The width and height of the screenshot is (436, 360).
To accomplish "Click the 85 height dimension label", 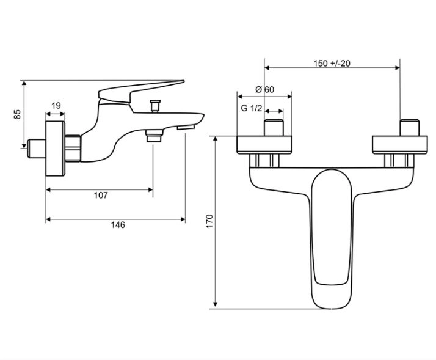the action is click(17, 114).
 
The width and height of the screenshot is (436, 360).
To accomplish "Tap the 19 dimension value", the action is click(56, 106).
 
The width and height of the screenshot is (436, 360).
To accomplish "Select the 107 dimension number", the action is click(101, 195).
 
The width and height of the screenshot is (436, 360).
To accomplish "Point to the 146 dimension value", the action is click(118, 225).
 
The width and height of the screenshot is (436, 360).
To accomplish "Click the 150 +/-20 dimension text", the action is click(332, 64).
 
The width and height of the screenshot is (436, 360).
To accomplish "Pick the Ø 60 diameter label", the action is click(264, 89).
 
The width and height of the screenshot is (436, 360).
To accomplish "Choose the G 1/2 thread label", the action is click(252, 108).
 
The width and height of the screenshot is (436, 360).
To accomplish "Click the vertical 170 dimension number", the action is click(209, 221).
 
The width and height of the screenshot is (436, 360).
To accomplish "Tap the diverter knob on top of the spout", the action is click(155, 106).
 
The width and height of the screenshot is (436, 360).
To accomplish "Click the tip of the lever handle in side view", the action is click(183, 81).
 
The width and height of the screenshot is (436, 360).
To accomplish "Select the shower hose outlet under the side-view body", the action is click(154, 136).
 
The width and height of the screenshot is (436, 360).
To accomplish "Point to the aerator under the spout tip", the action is click(186, 128).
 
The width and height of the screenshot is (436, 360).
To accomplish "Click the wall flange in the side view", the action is click(56, 149).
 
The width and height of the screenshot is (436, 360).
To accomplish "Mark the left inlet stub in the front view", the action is click(274, 128).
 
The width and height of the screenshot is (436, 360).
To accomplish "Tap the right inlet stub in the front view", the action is click(409, 128).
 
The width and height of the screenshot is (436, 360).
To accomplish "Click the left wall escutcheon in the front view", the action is click(264, 144).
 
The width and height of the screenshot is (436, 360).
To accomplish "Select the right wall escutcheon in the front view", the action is click(400, 144).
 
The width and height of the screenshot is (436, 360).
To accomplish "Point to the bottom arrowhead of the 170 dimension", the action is click(215, 306).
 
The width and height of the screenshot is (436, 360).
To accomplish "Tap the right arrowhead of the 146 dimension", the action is click(183, 219).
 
